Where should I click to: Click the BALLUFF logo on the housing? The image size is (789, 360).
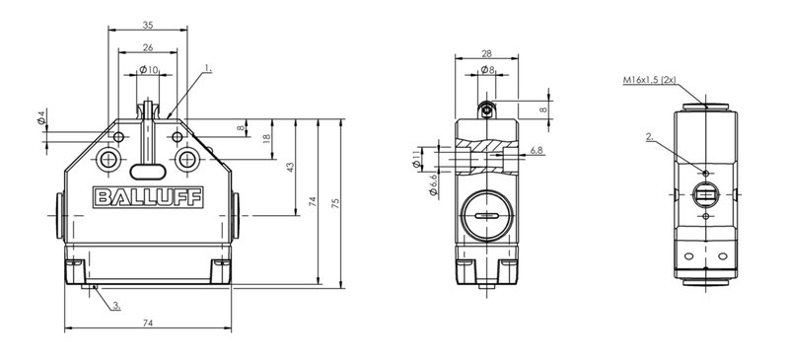[x=148, y=197]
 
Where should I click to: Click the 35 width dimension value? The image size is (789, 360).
[x=148, y=25]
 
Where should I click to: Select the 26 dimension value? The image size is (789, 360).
[x=148, y=47]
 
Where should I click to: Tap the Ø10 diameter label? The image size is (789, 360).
[x=149, y=69]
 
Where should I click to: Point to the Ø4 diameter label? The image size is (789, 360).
[x=41, y=117]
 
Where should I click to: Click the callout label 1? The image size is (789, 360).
[x=208, y=67]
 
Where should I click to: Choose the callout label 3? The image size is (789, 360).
[x=116, y=305]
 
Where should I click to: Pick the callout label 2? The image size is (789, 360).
[x=650, y=136]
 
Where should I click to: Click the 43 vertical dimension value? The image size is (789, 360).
[x=290, y=167]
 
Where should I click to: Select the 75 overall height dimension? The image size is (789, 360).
[x=336, y=203]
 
